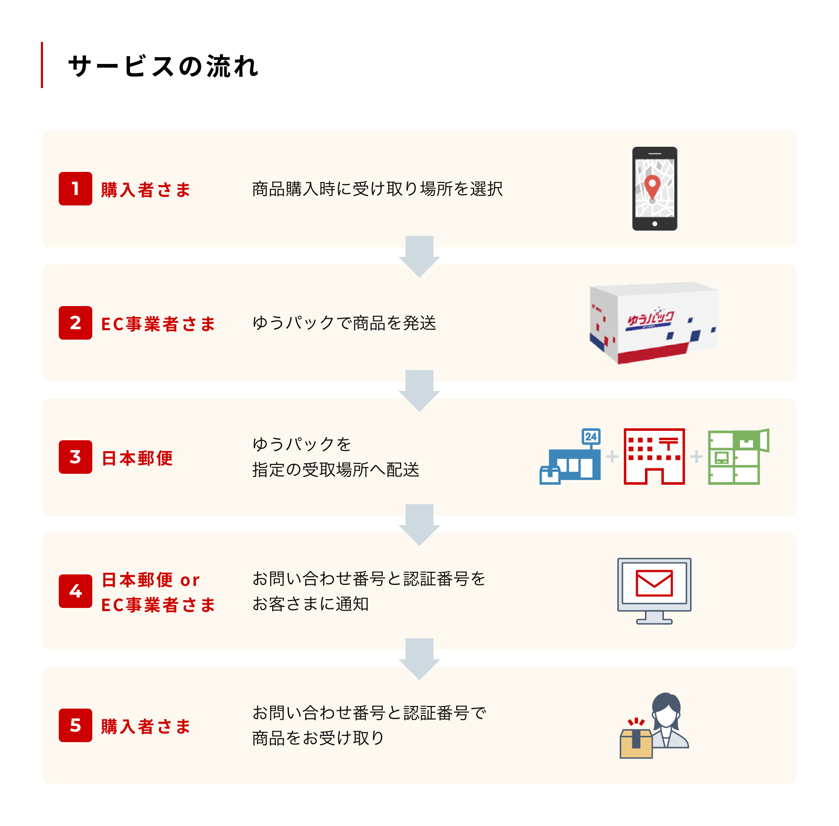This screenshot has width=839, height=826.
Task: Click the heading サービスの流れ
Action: click(163, 67)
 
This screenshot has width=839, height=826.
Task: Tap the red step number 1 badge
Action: click(76, 189)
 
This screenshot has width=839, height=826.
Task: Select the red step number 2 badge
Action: click(76, 323)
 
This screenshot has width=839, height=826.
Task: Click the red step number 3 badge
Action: click(76, 457)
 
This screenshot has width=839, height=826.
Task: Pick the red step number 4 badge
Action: click(76, 591)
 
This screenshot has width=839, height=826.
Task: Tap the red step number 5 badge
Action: click(76, 725)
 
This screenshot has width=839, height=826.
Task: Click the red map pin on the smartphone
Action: click(652, 185)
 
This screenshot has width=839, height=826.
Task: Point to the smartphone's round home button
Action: click(654, 224)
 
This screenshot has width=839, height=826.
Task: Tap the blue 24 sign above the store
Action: click(591, 437)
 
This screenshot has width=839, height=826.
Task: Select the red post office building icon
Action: click(654, 457)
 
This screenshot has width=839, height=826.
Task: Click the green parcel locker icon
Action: click(737, 457)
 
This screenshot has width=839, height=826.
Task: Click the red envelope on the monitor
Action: click(654, 583)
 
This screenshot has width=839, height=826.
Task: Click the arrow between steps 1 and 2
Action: click(419, 256)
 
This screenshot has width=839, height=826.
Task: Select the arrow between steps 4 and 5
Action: click(419, 658)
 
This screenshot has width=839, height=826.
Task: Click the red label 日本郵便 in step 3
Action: click(137, 458)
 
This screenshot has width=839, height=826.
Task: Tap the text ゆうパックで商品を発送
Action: click(344, 323)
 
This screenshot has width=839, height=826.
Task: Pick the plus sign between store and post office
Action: click(612, 457)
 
